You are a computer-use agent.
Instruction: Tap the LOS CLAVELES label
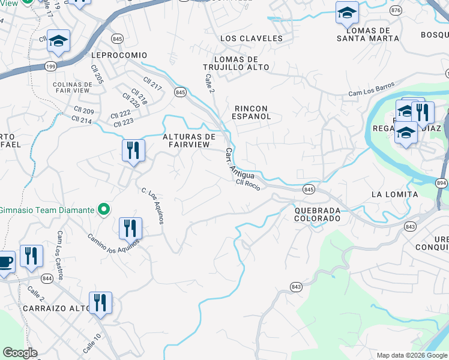251,38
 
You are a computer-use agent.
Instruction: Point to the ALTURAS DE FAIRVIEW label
189,141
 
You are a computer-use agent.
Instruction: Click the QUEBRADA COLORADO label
318,214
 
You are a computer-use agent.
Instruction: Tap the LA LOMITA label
394,194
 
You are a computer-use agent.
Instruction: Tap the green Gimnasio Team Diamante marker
104,210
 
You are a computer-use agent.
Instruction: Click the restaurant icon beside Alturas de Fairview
133,150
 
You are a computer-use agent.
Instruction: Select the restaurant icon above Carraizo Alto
100,302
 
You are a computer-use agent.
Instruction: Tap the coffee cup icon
5,263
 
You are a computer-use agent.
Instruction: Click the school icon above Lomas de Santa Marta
346,13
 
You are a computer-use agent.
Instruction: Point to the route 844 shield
47,278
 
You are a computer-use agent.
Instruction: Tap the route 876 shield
395,11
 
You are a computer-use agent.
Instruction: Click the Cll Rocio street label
248,185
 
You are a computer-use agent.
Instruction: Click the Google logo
20,353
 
